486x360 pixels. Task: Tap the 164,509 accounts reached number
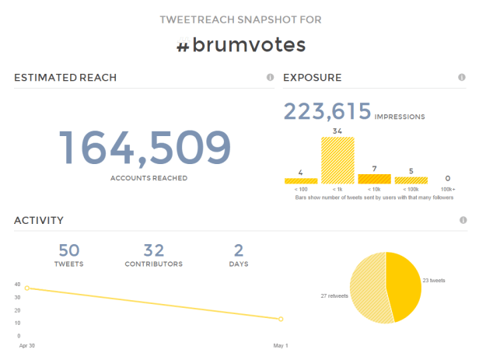pyautogui.click(x=145, y=148)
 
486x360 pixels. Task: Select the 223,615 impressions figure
pyautogui.click(x=327, y=111)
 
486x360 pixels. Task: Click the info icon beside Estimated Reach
pyautogui.click(x=270, y=78)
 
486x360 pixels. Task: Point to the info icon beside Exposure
pyautogui.click(x=461, y=78)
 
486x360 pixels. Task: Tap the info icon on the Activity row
pyautogui.click(x=463, y=221)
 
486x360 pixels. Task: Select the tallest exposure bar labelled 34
pyautogui.click(x=337, y=160)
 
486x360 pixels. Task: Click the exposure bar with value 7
pyautogui.click(x=374, y=179)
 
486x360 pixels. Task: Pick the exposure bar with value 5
pyautogui.click(x=411, y=180)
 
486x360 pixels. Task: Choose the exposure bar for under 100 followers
pyautogui.click(x=301, y=180)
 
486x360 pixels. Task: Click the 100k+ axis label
pyautogui.click(x=447, y=189)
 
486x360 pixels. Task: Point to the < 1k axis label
pyautogui.click(x=337, y=189)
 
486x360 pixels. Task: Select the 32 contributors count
pyautogui.click(x=154, y=250)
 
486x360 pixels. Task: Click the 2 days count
pyautogui.click(x=240, y=250)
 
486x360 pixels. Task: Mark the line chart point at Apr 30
pyautogui.click(x=27, y=288)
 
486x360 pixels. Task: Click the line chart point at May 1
pyautogui.click(x=281, y=319)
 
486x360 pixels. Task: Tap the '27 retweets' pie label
pyautogui.click(x=334, y=296)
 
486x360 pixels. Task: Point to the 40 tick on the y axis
pyautogui.click(x=17, y=284)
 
